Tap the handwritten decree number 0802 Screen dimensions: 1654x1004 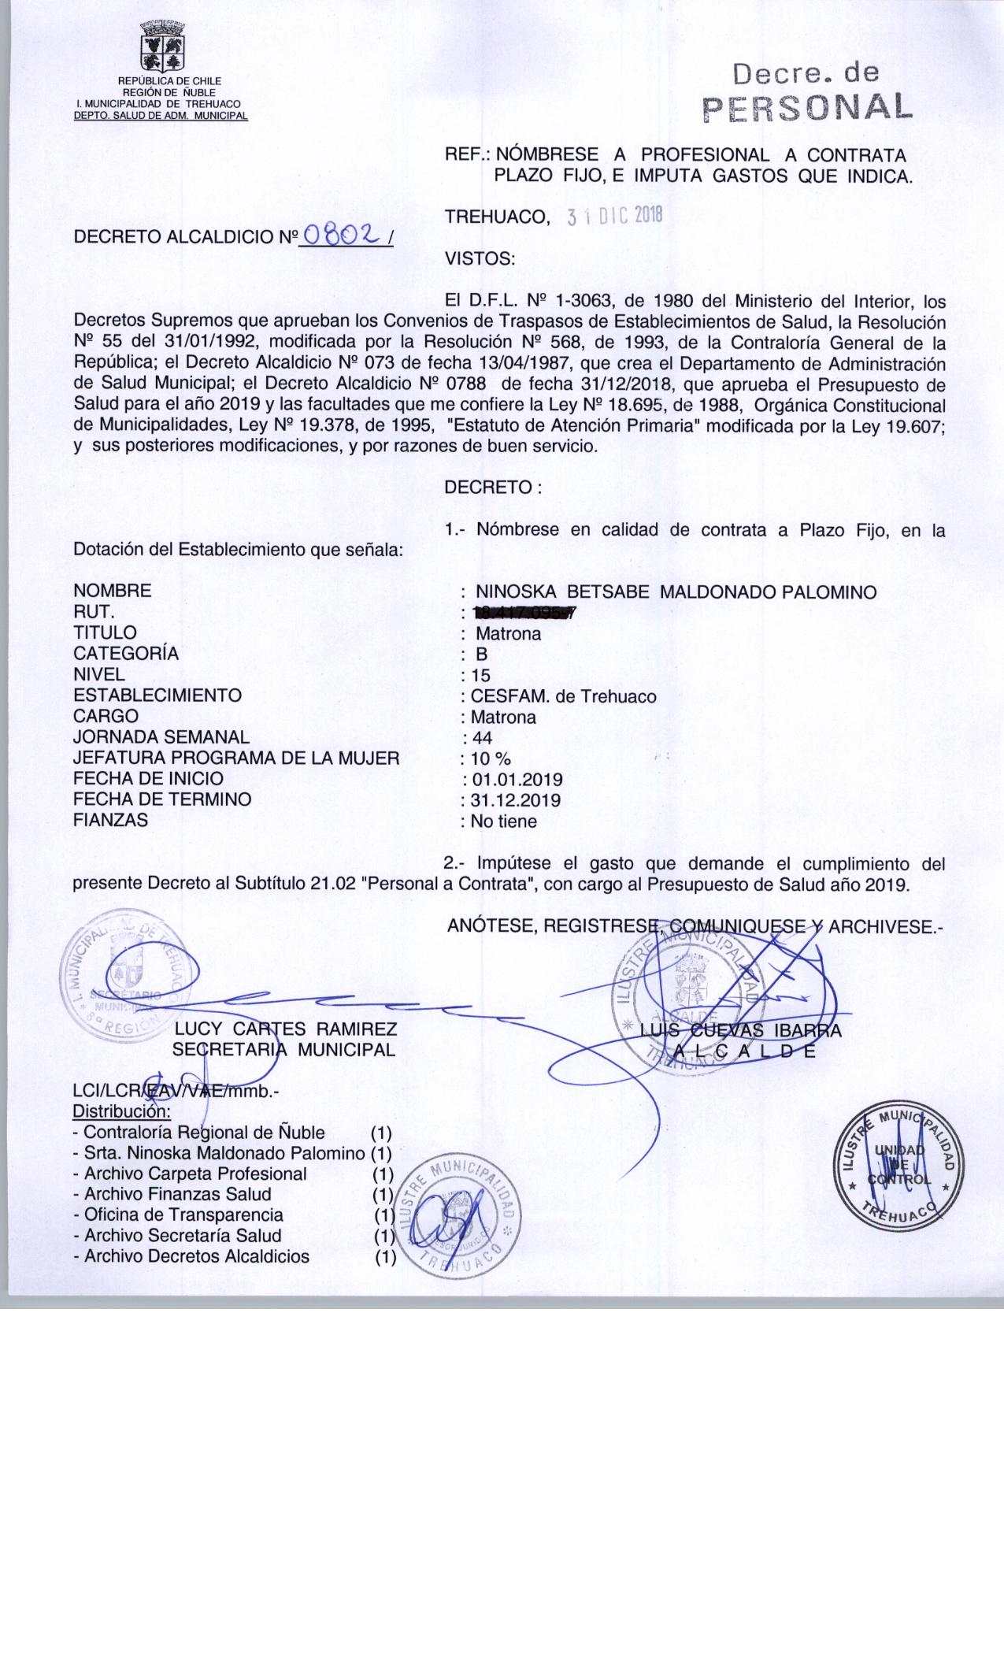pos(343,234)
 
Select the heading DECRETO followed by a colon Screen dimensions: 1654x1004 pos(493,488)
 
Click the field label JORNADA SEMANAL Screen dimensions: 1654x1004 pos(161,737)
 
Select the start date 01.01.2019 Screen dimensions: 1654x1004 pos(516,780)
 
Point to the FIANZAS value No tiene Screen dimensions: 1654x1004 pos(504,821)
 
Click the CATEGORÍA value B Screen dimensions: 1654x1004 pos(482,654)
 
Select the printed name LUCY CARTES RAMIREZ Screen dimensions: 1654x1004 pos(286,1029)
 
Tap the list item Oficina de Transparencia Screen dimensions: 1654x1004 pos(184,1215)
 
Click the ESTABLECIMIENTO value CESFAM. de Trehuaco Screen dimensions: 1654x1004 pos(563,696)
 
